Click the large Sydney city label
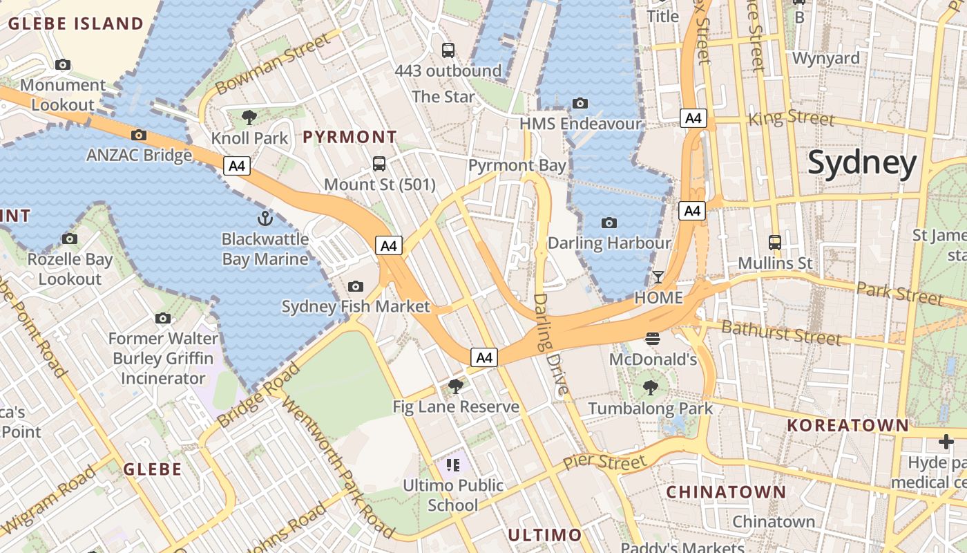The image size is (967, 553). [862, 163]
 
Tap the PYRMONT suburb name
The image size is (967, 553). [350, 137]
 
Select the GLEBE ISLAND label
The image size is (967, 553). [76, 24]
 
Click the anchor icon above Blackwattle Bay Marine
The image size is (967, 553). [265, 219]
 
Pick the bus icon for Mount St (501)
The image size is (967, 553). [379, 164]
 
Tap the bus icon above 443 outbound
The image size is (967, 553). [448, 50]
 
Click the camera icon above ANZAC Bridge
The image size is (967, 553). [139, 135]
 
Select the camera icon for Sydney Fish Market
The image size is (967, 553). [356, 286]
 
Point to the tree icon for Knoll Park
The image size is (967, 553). [249, 118]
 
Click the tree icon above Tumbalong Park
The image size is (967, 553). [650, 388]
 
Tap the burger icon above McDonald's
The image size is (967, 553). [653, 339]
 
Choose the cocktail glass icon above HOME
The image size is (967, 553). [658, 277]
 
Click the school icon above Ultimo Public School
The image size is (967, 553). [453, 465]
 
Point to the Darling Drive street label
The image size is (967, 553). [551, 344]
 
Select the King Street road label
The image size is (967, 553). [792, 118]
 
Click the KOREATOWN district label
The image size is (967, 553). [848, 425]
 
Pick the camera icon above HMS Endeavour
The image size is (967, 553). [580, 104]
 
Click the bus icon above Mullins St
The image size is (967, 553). [775, 243]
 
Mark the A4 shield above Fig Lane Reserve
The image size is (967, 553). [484, 357]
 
